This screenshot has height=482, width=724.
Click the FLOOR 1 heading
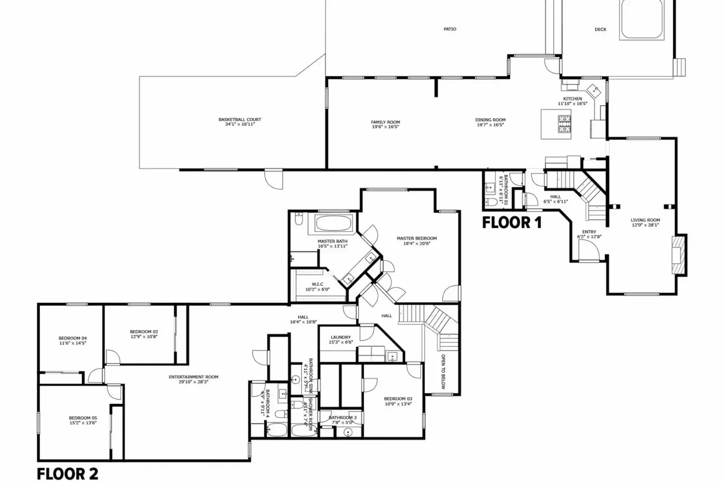pos(512,222)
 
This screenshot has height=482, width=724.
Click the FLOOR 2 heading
pos(67,474)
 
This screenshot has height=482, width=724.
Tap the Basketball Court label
pos(240,120)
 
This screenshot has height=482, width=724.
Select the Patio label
pos(450,29)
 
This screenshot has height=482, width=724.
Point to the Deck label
pos(600,29)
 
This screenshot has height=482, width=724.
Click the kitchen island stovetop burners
pos(564,124)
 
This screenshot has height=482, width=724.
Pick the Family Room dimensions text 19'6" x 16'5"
pos(385,127)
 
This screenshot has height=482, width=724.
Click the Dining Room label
pos(490,120)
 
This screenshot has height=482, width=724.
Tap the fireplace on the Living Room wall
pos(677,255)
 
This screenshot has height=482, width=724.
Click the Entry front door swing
pos(588,250)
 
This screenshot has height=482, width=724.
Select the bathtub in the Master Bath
pos(333,223)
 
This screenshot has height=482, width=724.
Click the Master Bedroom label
pos(417,238)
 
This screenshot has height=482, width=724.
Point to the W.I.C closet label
pos(317,284)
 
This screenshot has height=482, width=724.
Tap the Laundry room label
pos(340,337)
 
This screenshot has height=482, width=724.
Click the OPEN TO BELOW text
pos(443,371)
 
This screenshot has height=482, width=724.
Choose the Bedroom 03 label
pos(398,399)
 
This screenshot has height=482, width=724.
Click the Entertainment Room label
pos(193,377)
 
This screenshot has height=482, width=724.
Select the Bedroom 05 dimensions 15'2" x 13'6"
pos(83,423)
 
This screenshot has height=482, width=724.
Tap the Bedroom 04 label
pos(72,338)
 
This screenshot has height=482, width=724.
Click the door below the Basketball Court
pos(273,179)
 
